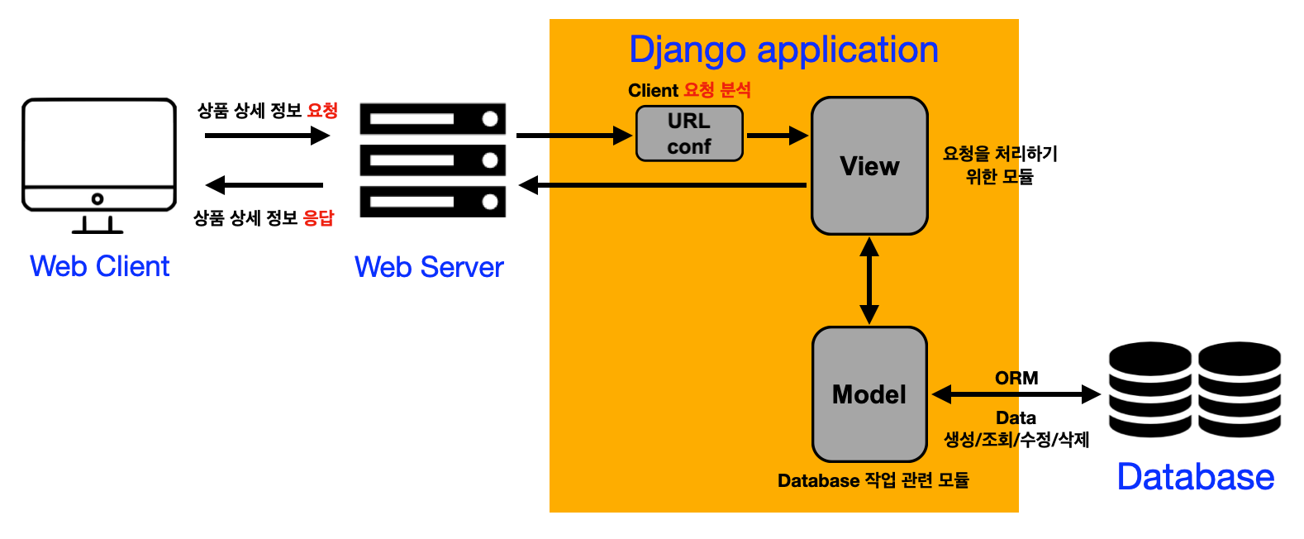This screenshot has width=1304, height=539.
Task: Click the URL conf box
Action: pyautogui.click(x=689, y=133)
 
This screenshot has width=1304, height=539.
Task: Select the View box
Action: pyautogui.click(x=869, y=166)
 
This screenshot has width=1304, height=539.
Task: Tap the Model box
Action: pyautogui.click(x=869, y=394)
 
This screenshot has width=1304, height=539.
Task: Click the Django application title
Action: pyautogui.click(x=783, y=50)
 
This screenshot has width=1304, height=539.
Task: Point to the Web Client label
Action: pyautogui.click(x=99, y=266)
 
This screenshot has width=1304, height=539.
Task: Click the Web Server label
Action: pyautogui.click(x=429, y=267)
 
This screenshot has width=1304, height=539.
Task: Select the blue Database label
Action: pyautogui.click(x=1195, y=477)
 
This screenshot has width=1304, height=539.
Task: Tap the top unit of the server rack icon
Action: pyautogui.click(x=432, y=119)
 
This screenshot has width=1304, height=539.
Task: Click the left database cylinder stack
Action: pyautogui.click(x=1149, y=389)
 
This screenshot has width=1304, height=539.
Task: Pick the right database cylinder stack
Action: pyautogui.click(x=1239, y=389)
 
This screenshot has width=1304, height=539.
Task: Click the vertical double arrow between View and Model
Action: pyautogui.click(x=869, y=281)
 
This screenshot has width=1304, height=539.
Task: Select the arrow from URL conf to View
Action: pyautogui.click(x=777, y=135)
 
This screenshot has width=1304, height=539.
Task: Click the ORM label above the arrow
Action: pyautogui.click(x=1016, y=378)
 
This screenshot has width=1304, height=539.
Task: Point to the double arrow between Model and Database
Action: pyautogui.click(x=1016, y=394)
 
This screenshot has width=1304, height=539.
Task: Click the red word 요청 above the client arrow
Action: pyautogui.click(x=322, y=111)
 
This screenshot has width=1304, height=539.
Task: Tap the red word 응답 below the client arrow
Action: pyautogui.click(x=318, y=218)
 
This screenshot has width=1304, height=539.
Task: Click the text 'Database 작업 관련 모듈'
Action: pyautogui.click(x=873, y=480)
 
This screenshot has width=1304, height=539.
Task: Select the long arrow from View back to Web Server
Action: pyautogui.click(x=661, y=185)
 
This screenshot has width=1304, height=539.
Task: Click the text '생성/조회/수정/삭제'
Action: pyautogui.click(x=1016, y=440)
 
